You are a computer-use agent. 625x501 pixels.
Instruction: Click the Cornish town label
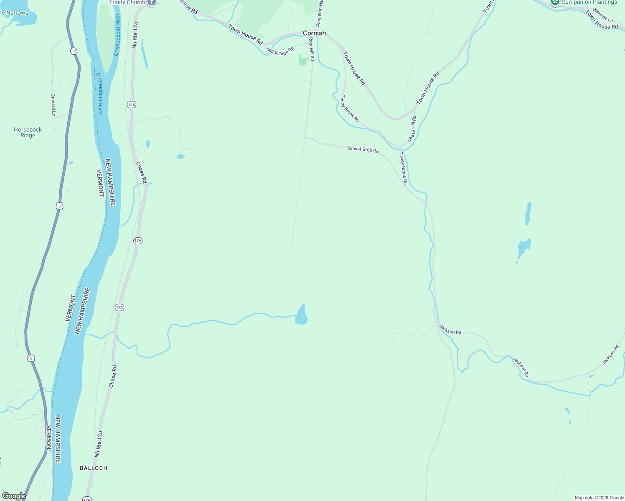[x=314, y=33]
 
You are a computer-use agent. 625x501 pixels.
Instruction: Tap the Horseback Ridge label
[x=28, y=132]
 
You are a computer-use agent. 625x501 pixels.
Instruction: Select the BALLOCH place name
[x=94, y=468]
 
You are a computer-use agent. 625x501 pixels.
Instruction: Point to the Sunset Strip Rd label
[x=363, y=149]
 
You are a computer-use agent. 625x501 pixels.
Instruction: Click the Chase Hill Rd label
[x=412, y=129]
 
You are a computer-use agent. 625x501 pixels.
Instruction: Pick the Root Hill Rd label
[x=311, y=49]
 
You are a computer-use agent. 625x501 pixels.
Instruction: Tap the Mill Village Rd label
[x=280, y=51]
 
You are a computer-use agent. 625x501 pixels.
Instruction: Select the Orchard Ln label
[x=53, y=105]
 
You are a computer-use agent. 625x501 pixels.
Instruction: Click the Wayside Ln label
[x=602, y=15]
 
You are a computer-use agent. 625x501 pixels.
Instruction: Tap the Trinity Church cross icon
[x=152, y=3]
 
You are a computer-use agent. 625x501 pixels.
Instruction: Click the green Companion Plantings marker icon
[x=555, y=2]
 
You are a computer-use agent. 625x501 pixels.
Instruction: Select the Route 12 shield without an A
[x=74, y=51]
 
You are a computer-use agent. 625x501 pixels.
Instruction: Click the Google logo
[x=14, y=496]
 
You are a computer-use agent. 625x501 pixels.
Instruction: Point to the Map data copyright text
[x=599, y=498]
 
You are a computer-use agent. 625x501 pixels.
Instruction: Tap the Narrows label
[x=15, y=13]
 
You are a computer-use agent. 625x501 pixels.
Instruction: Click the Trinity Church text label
[x=127, y=3]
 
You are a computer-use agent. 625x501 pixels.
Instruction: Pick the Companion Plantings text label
[x=589, y=3]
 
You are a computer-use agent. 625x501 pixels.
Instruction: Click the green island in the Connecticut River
[x=106, y=42]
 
